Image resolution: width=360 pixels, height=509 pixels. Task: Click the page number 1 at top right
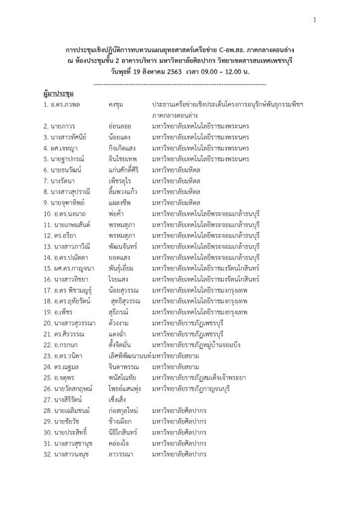pos(315,20)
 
